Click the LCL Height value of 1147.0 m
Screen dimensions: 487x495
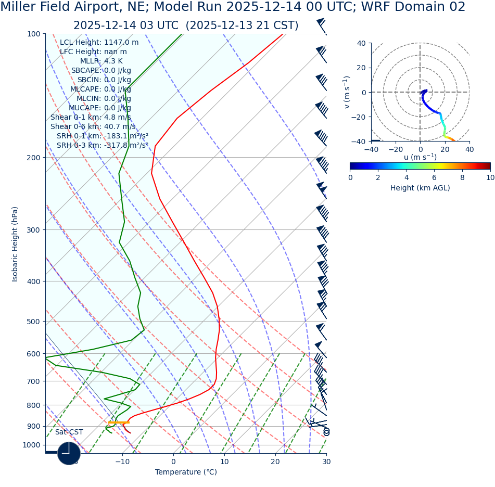121,43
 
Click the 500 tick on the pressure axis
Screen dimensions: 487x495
33,322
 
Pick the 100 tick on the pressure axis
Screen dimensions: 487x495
33,34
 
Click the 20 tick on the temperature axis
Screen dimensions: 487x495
275,462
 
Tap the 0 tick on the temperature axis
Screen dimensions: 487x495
173,462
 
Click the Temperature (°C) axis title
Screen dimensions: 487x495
186,472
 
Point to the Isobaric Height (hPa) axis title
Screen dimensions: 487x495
15,244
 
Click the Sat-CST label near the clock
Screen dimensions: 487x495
69,432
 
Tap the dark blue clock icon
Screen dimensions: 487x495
69,453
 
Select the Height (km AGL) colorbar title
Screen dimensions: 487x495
420,188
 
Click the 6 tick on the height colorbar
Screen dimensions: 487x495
434,177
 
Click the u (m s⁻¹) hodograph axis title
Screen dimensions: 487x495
420,157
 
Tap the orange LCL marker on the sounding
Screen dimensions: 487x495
119,422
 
